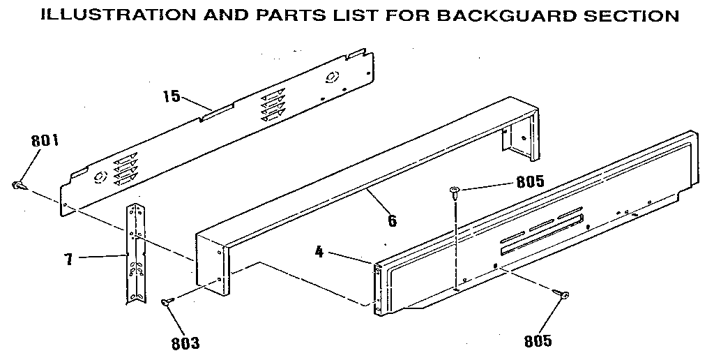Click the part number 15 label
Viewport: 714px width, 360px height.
tap(172, 96)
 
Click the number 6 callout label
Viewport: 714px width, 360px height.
tap(392, 221)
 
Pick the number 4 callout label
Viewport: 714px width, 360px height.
tap(319, 252)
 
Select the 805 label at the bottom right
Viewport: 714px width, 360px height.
tap(538, 341)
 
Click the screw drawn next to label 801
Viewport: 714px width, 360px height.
tap(19, 186)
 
